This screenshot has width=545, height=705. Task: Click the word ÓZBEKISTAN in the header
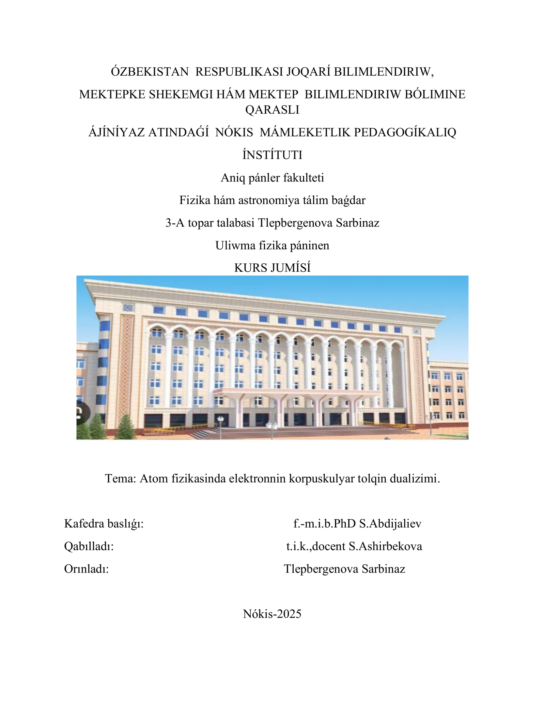[150, 72]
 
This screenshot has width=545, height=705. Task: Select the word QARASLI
[272, 110]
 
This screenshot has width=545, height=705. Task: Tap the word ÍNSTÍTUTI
[272, 155]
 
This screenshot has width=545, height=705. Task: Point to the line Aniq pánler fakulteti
[272, 178]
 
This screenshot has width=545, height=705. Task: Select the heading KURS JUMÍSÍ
[272, 268]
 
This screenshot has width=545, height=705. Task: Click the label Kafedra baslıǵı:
[104, 523]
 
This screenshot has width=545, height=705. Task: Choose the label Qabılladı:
[89, 546]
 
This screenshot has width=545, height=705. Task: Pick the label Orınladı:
[87, 569]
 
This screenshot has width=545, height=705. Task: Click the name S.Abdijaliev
[390, 523]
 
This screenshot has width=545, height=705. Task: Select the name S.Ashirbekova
[385, 546]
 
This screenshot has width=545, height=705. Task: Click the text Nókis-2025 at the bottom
[272, 614]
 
